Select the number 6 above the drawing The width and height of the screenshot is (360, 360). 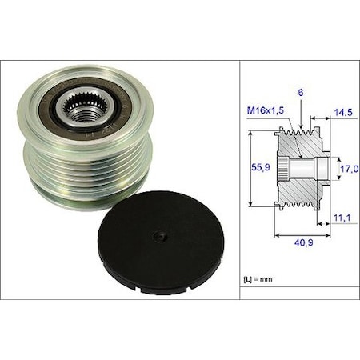pos(300,94)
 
